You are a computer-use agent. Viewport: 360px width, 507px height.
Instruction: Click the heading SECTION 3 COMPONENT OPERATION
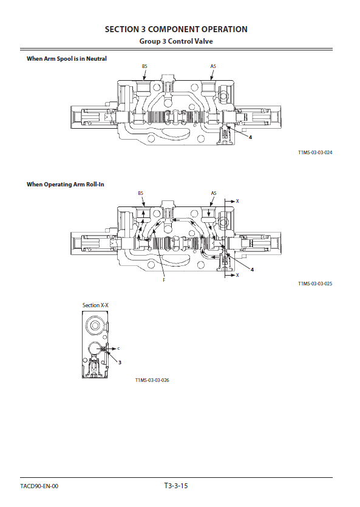[176, 29]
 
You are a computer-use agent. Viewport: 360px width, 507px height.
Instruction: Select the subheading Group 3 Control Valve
[176, 41]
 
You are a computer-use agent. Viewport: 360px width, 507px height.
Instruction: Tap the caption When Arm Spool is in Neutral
[67, 58]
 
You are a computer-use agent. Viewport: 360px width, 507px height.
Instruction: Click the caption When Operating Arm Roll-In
[66, 185]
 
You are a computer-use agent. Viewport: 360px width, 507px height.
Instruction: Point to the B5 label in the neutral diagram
[144, 66]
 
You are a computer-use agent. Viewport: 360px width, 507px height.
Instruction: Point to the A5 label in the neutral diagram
[213, 66]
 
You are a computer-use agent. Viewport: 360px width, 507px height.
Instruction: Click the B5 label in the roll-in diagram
[141, 193]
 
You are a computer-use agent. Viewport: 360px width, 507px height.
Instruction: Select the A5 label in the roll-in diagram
[214, 193]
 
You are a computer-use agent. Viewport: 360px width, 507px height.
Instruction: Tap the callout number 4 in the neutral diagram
[251, 137]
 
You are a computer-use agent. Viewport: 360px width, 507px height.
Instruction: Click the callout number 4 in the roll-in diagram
[252, 270]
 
